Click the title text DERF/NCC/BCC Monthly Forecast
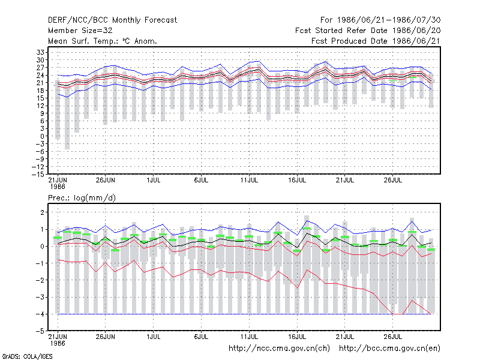[112, 20]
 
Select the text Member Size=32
[80, 31]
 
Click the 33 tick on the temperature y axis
[40, 52]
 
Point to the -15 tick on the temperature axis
[38, 174]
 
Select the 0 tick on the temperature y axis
[42, 136]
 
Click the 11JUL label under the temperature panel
[249, 181]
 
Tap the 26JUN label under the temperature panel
[106, 181]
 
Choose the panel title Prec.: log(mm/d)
[82, 198]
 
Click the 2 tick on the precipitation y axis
[42, 212]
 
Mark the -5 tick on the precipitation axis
[40, 331]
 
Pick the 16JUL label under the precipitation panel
[297, 337]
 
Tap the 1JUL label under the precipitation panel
[154, 337]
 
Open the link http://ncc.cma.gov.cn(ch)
[279, 349]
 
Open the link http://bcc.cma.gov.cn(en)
[389, 349]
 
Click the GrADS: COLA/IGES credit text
[27, 356]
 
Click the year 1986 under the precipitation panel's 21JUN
[58, 343]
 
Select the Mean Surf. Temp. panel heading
[103, 41]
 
